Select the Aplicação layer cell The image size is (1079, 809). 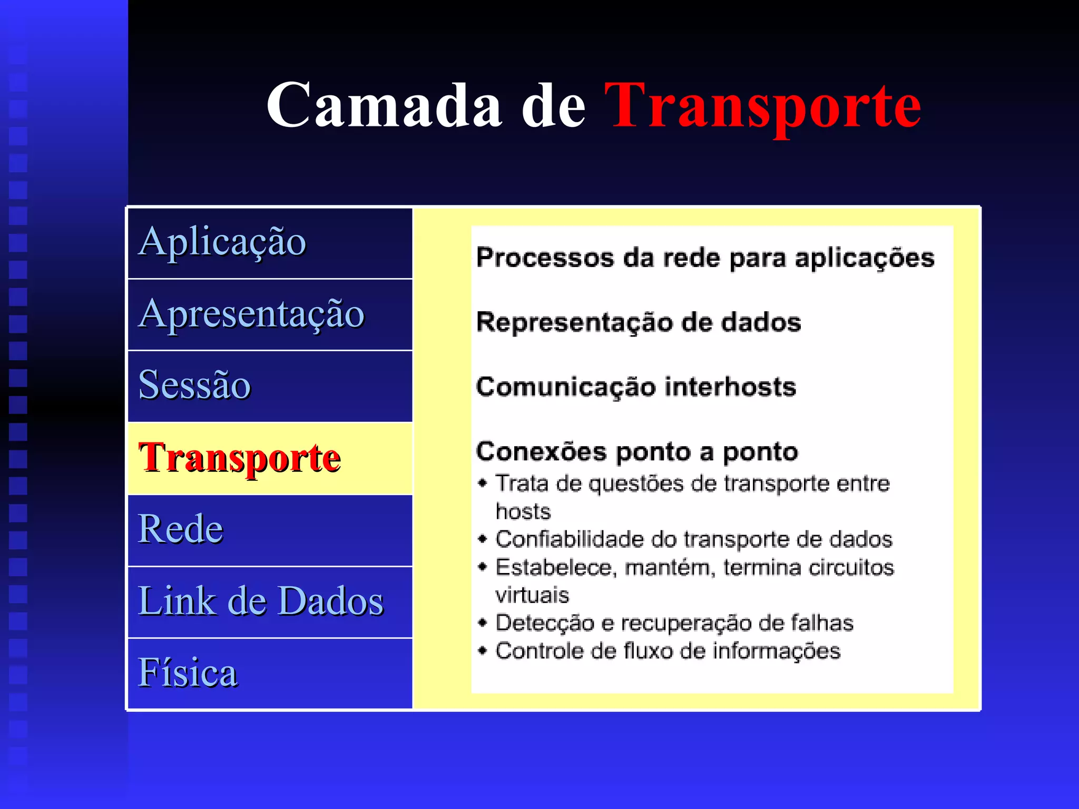(270, 243)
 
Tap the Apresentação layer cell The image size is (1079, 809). (270, 314)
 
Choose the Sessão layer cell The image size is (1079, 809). (270, 386)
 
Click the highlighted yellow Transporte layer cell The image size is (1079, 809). (270, 458)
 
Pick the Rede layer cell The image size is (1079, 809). (270, 530)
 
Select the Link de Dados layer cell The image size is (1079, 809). (270, 601)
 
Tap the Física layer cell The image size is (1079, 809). (270, 673)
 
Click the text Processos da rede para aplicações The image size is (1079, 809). (705, 258)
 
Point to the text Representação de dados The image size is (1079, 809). (638, 322)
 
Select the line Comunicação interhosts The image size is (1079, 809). (635, 387)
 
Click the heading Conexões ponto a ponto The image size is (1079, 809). (637, 452)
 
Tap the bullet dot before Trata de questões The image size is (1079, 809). (482, 483)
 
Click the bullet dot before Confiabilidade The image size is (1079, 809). (482, 539)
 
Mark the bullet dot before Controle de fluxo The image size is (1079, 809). (482, 650)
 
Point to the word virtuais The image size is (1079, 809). (532, 595)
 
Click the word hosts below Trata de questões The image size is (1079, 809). (523, 511)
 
